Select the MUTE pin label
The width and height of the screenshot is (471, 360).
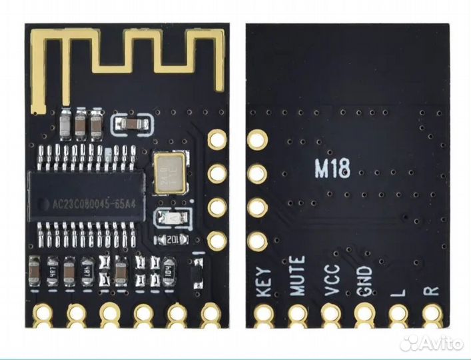[297, 276]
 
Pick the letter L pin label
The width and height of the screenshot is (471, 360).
[398, 291]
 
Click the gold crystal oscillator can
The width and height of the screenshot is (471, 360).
[170, 173]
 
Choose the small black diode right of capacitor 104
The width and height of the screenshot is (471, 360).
[197, 273]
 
